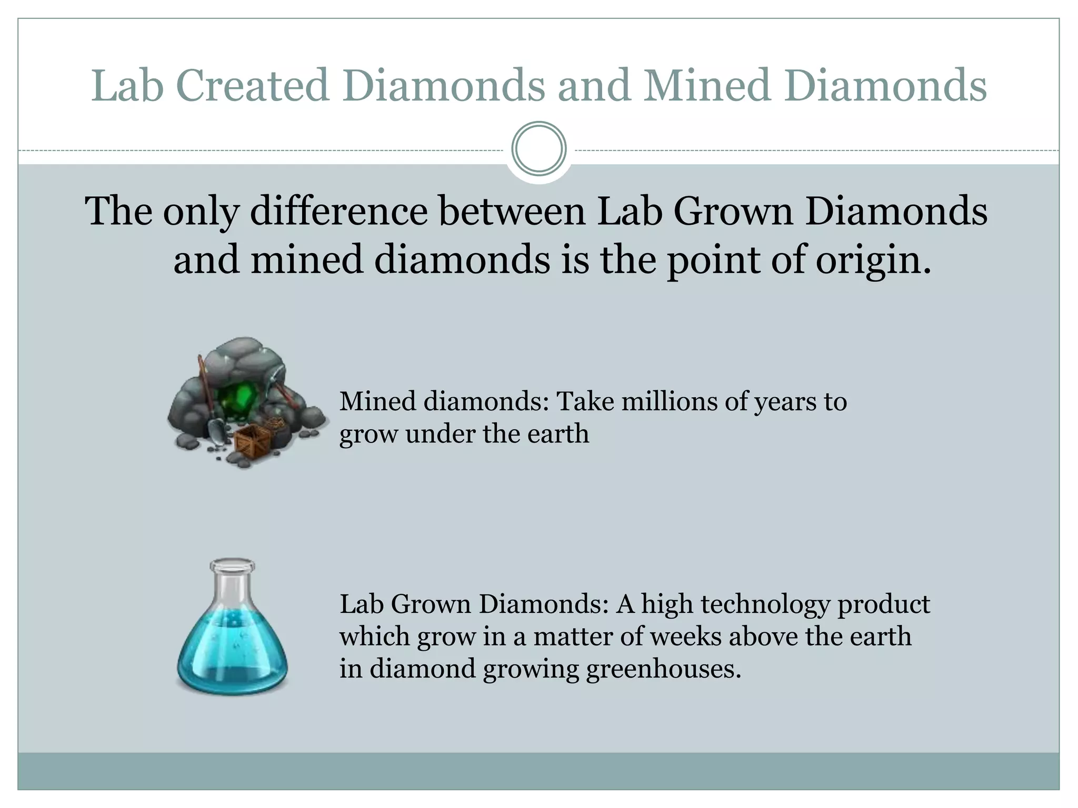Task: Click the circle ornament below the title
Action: click(x=539, y=148)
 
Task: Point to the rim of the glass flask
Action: click(x=232, y=565)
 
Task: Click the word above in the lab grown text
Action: click(x=763, y=637)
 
